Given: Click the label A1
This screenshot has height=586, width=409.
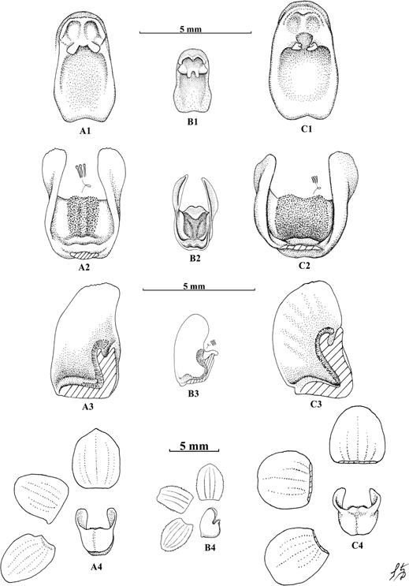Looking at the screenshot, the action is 84,131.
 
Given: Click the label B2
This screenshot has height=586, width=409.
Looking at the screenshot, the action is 193,258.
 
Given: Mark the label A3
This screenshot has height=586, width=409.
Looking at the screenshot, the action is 87,406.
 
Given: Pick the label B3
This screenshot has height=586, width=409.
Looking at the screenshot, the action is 193,394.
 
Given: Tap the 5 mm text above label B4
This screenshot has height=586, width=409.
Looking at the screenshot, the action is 194,446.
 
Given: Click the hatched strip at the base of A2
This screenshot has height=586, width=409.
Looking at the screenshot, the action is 85,256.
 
